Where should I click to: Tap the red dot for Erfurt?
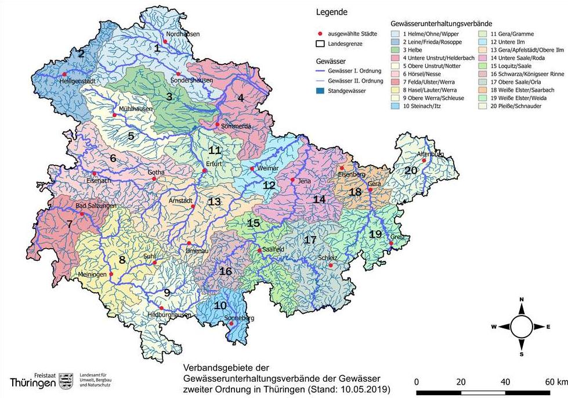point(204,171)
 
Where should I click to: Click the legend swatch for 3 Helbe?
point(397,51)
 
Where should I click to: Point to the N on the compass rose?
point(522,299)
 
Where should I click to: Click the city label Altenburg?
point(429,155)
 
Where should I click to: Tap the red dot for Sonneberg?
point(231,324)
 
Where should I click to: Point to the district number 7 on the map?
point(69,223)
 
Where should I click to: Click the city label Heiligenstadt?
point(77,83)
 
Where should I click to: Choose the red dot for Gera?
point(370,189)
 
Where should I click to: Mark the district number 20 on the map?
point(411,170)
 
